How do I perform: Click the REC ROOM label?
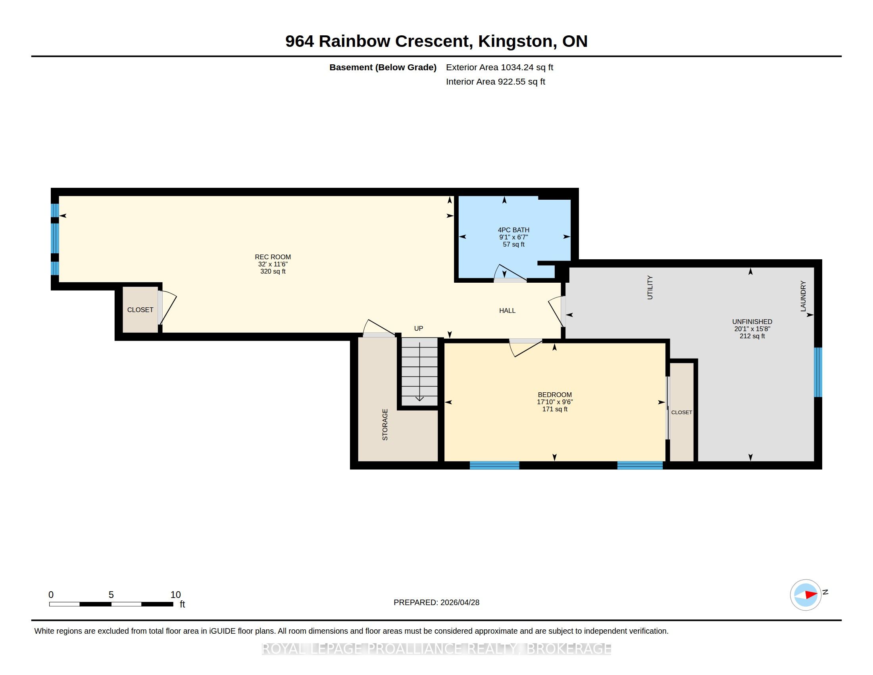pos(273,257)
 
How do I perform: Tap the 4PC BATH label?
pos(513,230)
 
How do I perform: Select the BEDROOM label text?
pos(555,395)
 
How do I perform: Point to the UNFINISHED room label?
pos(752,322)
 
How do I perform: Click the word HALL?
pos(507,311)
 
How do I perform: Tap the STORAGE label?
pos(385,425)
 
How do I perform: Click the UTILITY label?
pos(650,287)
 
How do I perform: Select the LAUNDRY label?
pos(803,296)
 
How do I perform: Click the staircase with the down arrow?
pos(419,372)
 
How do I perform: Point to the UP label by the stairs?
pos(419,328)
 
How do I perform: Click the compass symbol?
pos(806,595)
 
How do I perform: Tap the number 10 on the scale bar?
pos(175,595)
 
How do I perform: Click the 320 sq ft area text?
pos(273,272)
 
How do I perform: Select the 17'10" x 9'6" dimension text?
pos(555,402)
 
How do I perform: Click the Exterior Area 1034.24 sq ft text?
pos(500,67)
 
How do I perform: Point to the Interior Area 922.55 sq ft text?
pos(496,81)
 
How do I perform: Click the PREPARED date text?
pos(436,603)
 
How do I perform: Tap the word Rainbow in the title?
pos(354,41)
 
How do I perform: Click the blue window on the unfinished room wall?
pos(818,372)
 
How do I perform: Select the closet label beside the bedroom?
pos(681,412)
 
